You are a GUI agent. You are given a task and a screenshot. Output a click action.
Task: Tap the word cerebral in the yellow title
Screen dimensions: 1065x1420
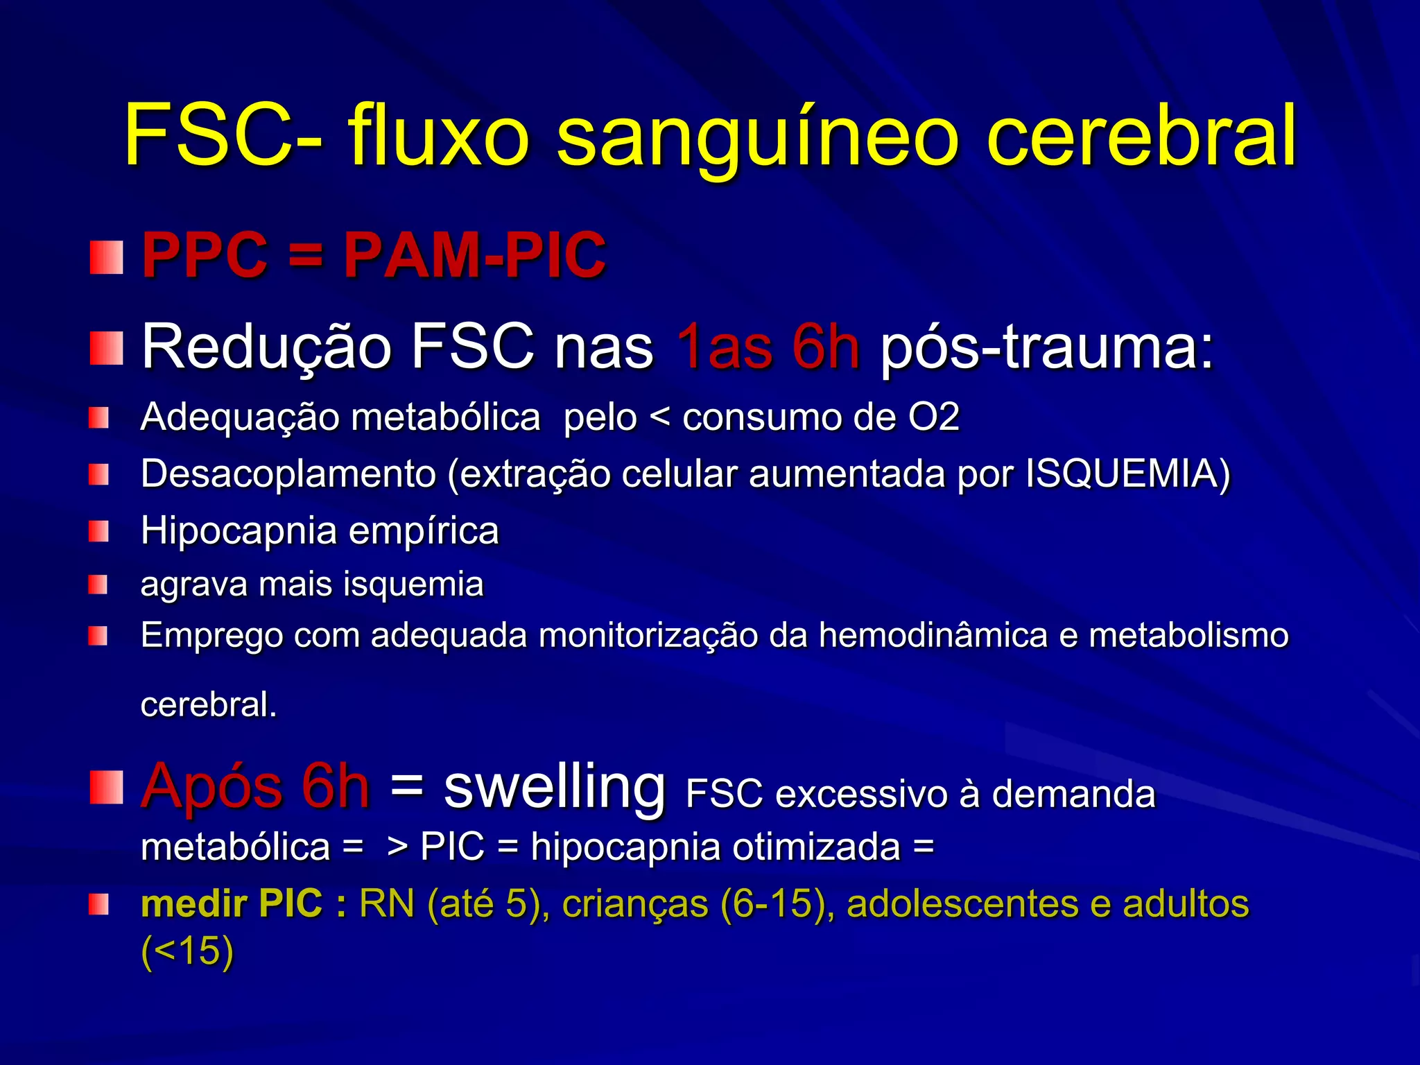(1141, 135)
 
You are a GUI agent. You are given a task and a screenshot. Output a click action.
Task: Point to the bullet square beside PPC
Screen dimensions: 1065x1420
(106, 257)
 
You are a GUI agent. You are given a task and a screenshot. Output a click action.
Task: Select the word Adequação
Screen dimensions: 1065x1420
(240, 417)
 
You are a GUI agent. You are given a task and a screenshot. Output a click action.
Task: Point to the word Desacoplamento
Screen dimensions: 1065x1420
(288, 474)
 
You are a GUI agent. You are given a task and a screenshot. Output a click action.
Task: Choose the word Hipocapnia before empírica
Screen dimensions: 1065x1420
(239, 532)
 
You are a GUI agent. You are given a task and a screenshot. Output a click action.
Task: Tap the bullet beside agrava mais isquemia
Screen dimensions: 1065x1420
(98, 585)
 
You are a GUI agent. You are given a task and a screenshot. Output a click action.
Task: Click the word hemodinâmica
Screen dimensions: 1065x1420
(933, 635)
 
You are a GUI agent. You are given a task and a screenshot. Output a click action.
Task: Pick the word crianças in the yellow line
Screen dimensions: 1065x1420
(634, 904)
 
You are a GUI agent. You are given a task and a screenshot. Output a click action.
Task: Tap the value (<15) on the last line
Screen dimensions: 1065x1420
(187, 951)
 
